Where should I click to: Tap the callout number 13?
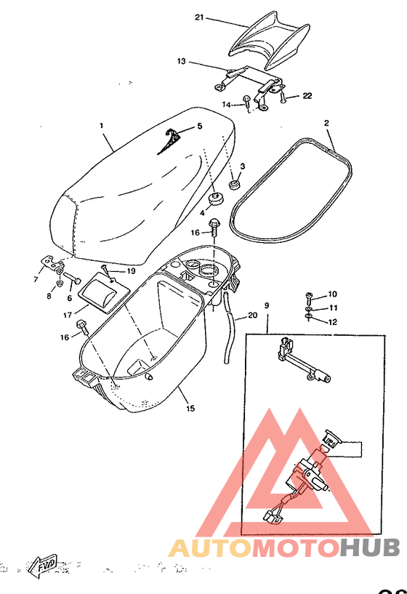182,62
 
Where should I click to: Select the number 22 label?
307,96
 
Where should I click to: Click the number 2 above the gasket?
326,123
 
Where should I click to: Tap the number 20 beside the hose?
252,315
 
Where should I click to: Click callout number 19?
131,271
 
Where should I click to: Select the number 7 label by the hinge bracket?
36,279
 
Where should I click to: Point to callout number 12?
332,321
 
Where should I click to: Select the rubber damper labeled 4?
216,198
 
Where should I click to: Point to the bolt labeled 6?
73,278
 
